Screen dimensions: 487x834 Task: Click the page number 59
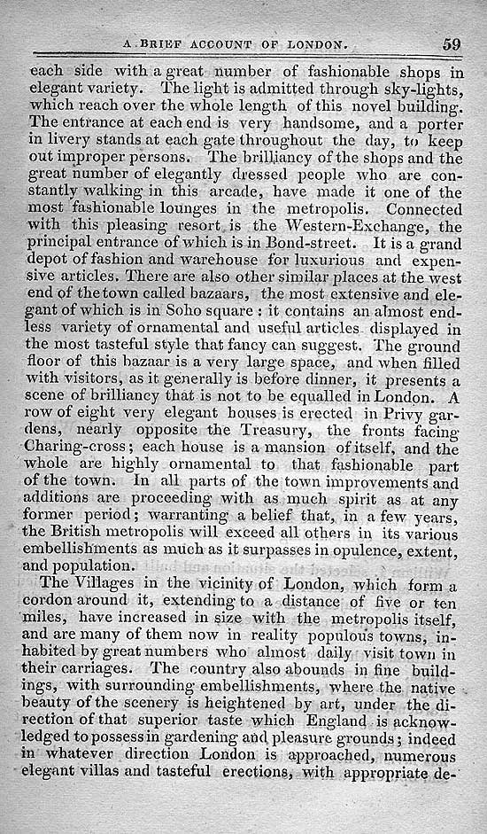[452, 44]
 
